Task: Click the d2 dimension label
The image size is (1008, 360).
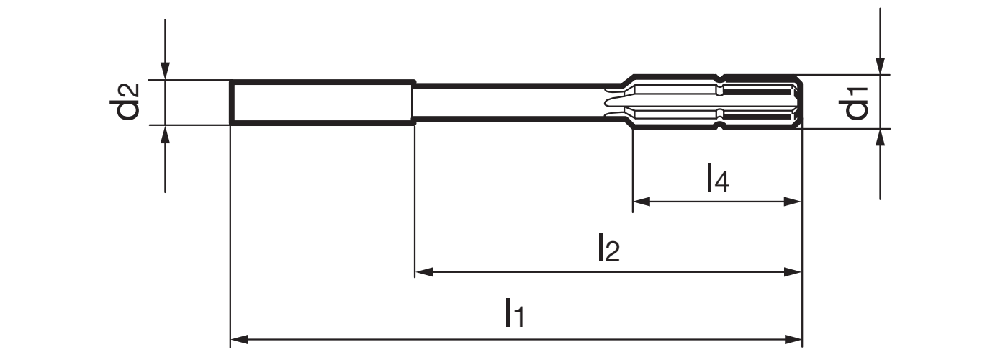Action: click(125, 102)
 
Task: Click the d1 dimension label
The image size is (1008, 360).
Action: click(853, 103)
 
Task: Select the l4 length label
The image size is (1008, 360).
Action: click(718, 177)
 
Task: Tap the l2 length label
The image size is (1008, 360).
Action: click(609, 247)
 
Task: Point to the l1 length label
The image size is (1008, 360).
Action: click(515, 312)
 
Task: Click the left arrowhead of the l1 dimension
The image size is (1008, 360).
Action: click(239, 339)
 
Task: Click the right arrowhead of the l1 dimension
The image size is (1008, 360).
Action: click(793, 339)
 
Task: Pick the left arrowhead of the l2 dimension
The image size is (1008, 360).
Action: click(423, 272)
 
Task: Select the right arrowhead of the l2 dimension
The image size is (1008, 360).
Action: click(793, 272)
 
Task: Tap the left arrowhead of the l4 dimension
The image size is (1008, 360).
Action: click(642, 202)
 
